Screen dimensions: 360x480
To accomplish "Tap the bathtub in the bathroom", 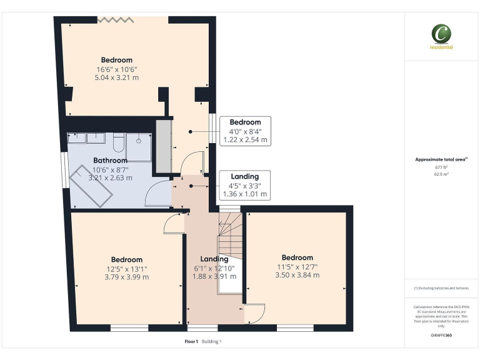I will coord(91,187).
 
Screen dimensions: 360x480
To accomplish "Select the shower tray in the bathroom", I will coord(139,146).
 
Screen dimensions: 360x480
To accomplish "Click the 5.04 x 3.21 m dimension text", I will coord(117,78).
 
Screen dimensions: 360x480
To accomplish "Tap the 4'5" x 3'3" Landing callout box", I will coord(245,186).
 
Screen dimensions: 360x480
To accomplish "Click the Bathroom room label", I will coord(111,161).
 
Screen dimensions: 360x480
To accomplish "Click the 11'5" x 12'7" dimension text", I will coord(297,267).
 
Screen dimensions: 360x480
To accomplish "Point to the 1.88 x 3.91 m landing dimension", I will coord(214,276).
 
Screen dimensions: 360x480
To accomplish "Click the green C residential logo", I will coord(441,34).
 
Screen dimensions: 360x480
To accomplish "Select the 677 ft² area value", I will coord(441,167).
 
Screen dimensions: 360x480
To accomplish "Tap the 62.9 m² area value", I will coord(441,174).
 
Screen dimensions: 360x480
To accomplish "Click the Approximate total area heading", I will coord(441,160).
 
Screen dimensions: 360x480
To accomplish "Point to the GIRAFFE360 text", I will coord(441,336).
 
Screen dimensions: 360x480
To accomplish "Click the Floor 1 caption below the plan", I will coord(191,341).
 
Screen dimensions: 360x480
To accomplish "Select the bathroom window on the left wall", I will coord(64,170).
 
